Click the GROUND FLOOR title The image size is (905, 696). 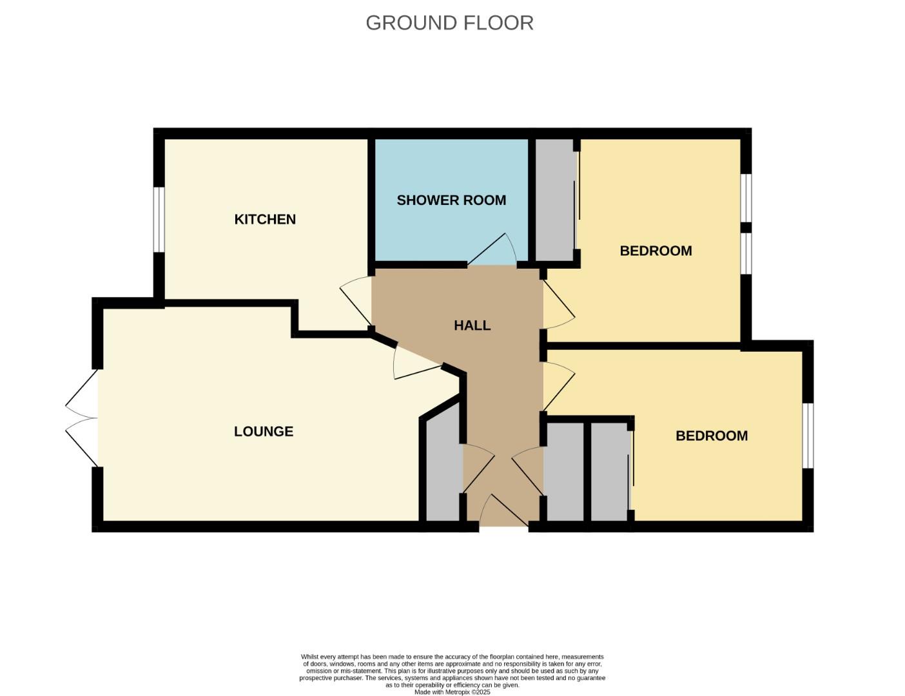[x=449, y=23]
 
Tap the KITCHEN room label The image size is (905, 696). [x=265, y=219]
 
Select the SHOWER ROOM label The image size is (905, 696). [x=451, y=200]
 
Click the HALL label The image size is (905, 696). [x=472, y=325]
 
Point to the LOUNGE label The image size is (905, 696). [x=263, y=431]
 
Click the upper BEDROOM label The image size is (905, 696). [x=656, y=251]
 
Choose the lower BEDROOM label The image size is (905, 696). [x=711, y=436]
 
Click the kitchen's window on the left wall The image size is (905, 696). [x=158, y=219]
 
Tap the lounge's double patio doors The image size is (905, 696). [x=82, y=418]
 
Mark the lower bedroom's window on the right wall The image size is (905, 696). [x=808, y=436]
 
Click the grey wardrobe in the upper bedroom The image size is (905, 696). [x=554, y=200]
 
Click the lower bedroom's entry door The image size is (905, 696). [x=558, y=385]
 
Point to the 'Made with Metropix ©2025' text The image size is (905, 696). [x=452, y=692]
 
